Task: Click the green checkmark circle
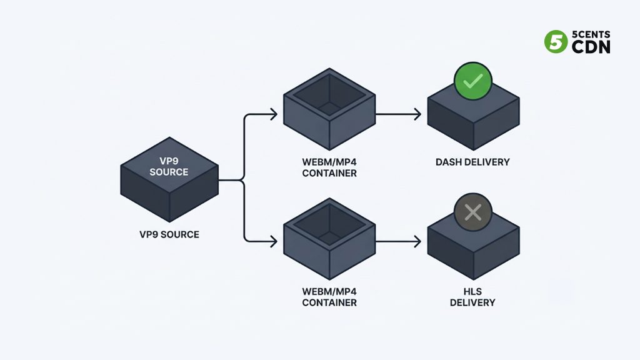[x=473, y=81]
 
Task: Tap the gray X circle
[x=473, y=212]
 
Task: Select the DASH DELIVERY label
[x=472, y=162]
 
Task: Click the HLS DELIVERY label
[x=472, y=297]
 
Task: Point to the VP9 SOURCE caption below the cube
[x=169, y=235]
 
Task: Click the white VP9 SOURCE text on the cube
[x=169, y=166]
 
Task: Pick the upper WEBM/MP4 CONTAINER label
[x=329, y=167]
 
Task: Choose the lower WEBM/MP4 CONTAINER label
[x=329, y=297]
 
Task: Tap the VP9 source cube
[x=169, y=179]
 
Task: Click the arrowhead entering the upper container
[x=274, y=114]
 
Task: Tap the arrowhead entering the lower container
[x=274, y=241]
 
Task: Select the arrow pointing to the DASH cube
[x=398, y=114]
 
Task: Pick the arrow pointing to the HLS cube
[x=398, y=241]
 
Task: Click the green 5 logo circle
[x=556, y=42]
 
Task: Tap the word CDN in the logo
[x=591, y=47]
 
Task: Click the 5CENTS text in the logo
[x=591, y=34]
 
